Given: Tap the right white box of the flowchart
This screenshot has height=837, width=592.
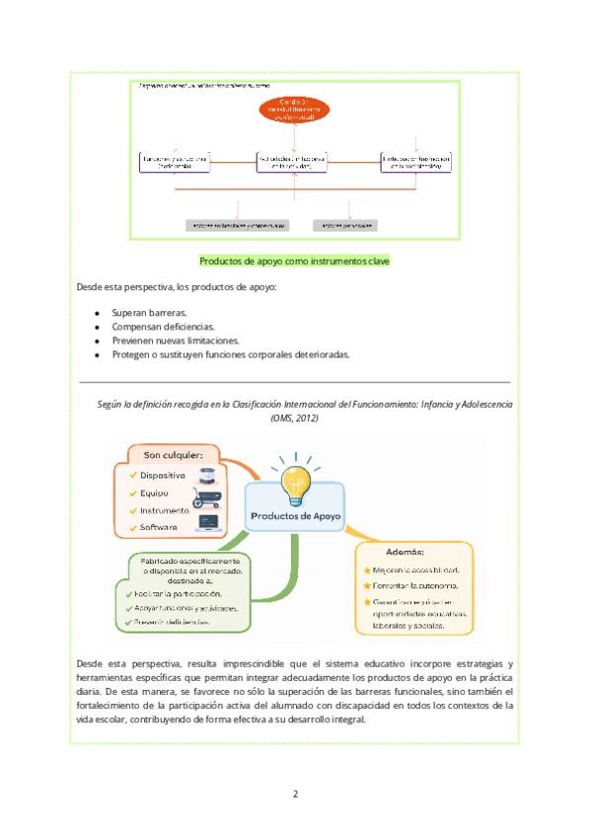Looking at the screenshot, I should pos(416,162).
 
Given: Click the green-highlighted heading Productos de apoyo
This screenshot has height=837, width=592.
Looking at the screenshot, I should pos(295,262).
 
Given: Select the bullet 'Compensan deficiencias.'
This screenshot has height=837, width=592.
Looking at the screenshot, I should pos(163,327).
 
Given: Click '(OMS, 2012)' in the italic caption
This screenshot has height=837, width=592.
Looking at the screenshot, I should pos(295,418).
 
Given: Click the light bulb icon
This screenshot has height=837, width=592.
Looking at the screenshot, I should pos(294,481).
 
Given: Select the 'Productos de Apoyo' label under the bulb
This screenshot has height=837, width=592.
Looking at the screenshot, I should pos(295,516).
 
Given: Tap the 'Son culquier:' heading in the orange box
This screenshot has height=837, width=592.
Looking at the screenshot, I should pos(174,455).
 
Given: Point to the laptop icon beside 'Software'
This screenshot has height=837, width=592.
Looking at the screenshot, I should pos(209,523).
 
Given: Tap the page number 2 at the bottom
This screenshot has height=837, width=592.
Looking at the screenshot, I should pos(295,795).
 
